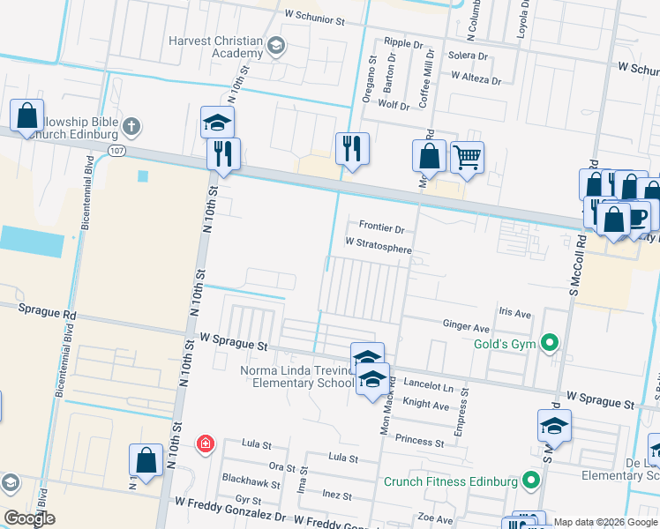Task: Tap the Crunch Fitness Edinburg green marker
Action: coord(530,481)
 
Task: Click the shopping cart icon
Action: coord(467,158)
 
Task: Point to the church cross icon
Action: coord(131,126)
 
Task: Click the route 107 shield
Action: coord(117,151)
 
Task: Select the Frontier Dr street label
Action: coord(381,227)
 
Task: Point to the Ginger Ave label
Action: coord(465,325)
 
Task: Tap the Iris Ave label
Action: coord(514,313)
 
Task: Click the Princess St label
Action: coord(419,441)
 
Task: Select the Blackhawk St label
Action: coord(251,484)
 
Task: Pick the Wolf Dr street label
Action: coord(393,106)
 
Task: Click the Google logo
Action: coord(29,518)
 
